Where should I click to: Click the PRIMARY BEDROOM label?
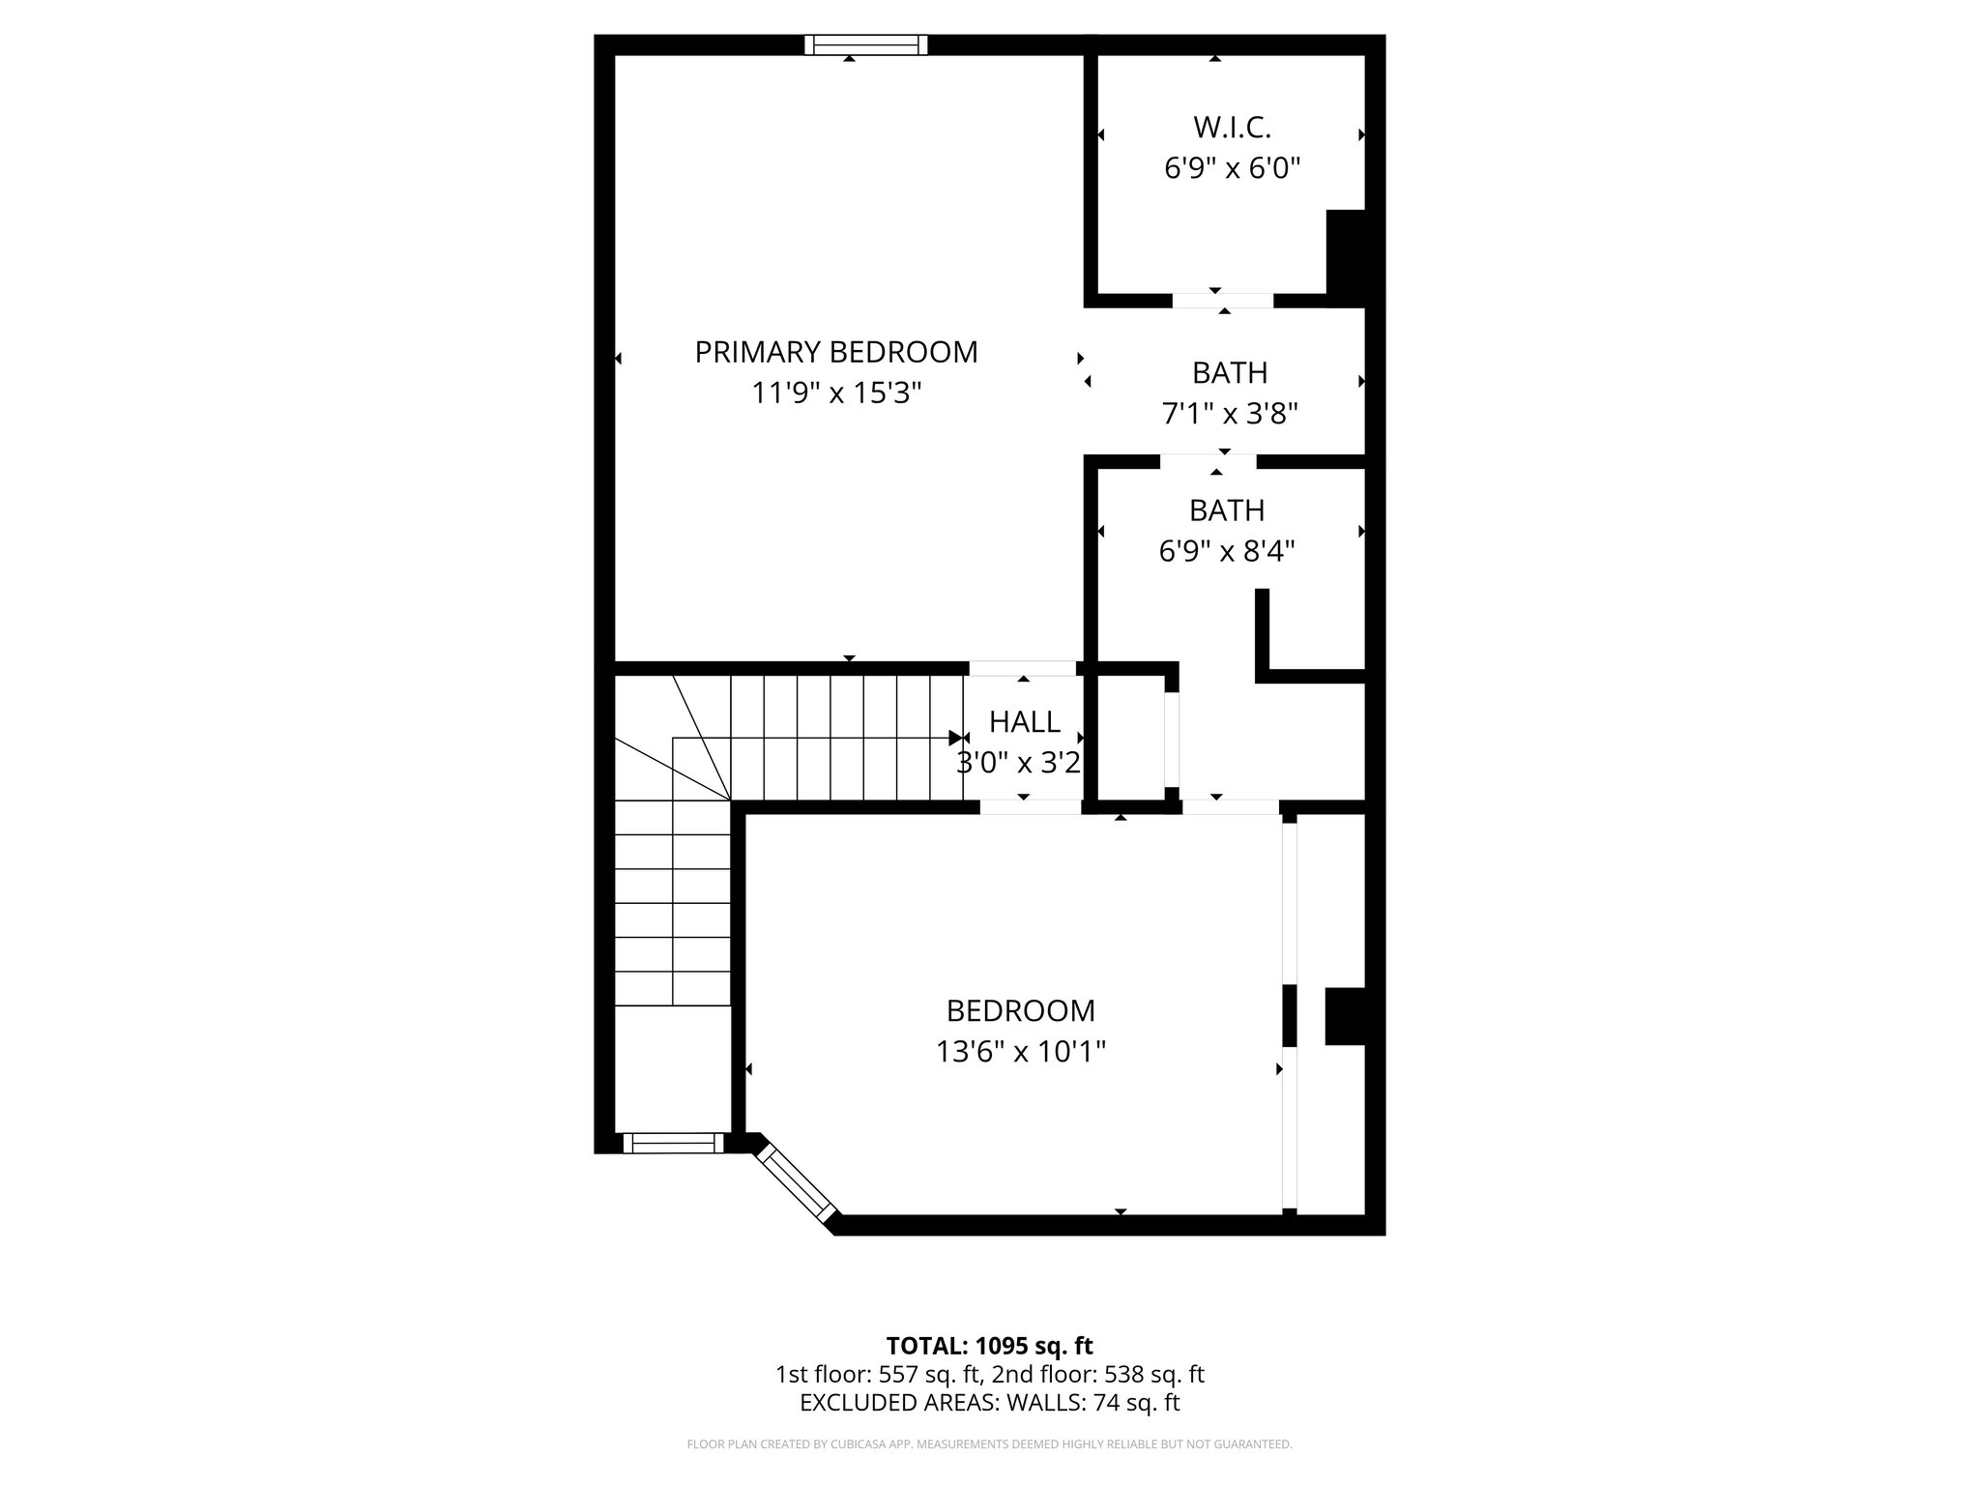(836, 352)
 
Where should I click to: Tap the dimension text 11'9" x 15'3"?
(836, 393)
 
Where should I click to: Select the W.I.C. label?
(1232, 127)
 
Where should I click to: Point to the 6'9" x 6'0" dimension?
(1232, 169)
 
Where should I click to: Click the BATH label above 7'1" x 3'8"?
(1230, 372)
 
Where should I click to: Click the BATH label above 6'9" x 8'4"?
(1227, 510)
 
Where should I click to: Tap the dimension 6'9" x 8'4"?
(1227, 552)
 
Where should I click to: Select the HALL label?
(1024, 721)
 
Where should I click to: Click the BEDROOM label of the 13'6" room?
(1021, 1010)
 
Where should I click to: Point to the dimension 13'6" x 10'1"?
(1021, 1052)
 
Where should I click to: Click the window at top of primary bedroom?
(866, 44)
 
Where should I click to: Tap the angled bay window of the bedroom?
(797, 1181)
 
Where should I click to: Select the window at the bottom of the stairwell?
(673, 1143)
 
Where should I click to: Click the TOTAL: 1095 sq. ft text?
(989, 1346)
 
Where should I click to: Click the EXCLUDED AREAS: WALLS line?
(989, 1403)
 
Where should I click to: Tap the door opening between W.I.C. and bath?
(1223, 301)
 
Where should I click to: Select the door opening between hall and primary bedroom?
(1023, 668)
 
